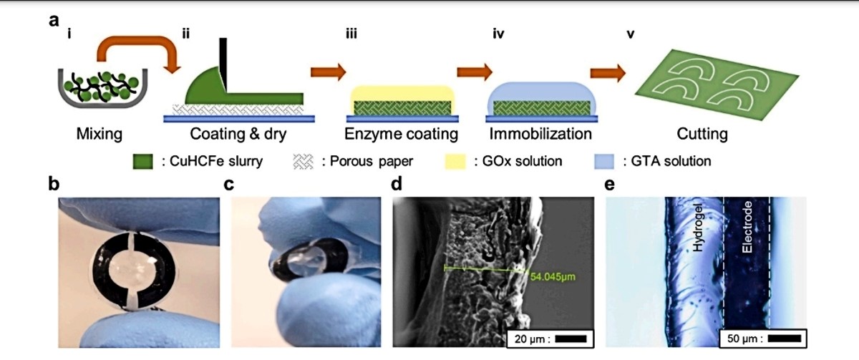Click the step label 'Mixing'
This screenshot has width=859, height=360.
coord(100,134)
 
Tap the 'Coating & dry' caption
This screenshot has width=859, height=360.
coord(238,134)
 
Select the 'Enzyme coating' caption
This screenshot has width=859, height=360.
coord(401,134)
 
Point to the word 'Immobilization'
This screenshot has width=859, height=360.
coord(540,134)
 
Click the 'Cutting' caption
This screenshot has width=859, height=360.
coord(702,134)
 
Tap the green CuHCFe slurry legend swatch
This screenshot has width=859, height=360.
coord(142,162)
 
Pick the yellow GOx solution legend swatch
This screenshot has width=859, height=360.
coord(455,162)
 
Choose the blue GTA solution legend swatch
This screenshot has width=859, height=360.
coord(604,162)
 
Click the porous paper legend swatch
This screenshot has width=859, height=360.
coord(303,162)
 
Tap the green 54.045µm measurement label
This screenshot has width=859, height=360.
coord(553,276)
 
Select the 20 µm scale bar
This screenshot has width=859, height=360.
coord(571,339)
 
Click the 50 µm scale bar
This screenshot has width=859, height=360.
coord(785,339)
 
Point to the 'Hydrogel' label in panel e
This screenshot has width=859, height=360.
coord(698,228)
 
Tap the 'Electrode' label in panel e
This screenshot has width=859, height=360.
coord(747,227)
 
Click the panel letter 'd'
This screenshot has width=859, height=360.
coord(397,184)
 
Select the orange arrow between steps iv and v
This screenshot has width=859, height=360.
coord(608,72)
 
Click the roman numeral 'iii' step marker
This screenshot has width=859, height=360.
coord(351,34)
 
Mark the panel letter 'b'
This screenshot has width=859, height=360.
coord(54,184)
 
